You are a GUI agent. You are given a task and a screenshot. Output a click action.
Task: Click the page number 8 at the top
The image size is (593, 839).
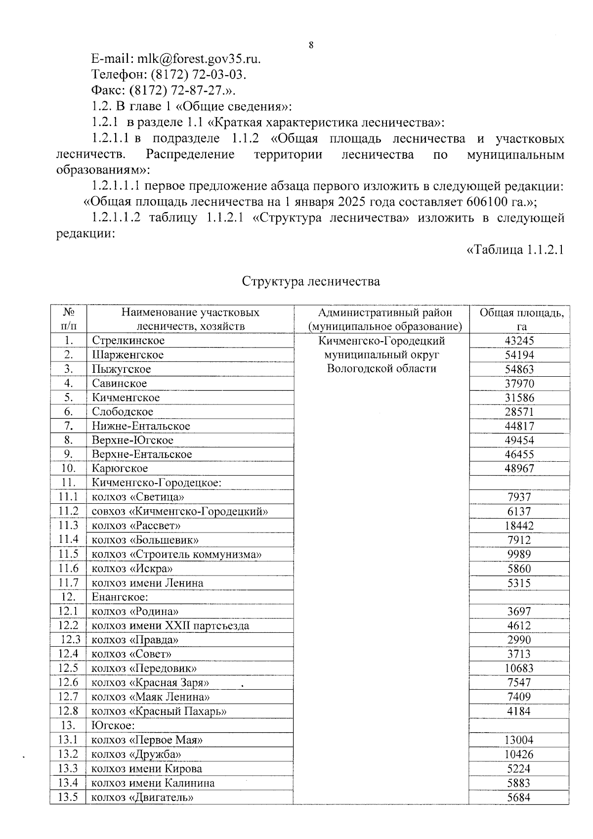(311, 45)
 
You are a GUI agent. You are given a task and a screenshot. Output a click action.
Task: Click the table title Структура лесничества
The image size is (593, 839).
(311, 281)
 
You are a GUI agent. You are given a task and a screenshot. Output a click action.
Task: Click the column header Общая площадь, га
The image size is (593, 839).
(522, 319)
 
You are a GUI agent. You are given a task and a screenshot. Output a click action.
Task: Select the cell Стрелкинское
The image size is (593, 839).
(128, 341)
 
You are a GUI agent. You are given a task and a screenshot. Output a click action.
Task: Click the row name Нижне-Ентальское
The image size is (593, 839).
(141, 426)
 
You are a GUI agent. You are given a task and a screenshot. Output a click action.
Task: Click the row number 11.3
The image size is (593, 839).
(68, 526)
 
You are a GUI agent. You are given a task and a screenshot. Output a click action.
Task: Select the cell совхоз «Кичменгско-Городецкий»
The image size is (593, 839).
(180, 512)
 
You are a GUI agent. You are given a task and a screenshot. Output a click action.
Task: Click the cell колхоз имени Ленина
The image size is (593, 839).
(148, 583)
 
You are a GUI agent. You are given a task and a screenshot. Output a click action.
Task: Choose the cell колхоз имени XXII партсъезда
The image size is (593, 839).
(170, 626)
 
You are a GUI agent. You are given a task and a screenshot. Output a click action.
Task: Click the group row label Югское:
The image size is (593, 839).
(113, 726)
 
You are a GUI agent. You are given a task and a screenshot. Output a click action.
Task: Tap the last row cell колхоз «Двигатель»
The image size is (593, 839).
(142, 797)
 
